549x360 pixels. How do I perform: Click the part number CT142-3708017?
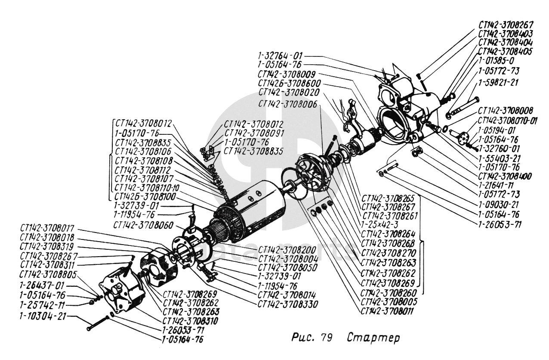47,229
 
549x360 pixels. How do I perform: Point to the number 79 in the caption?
325,338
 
